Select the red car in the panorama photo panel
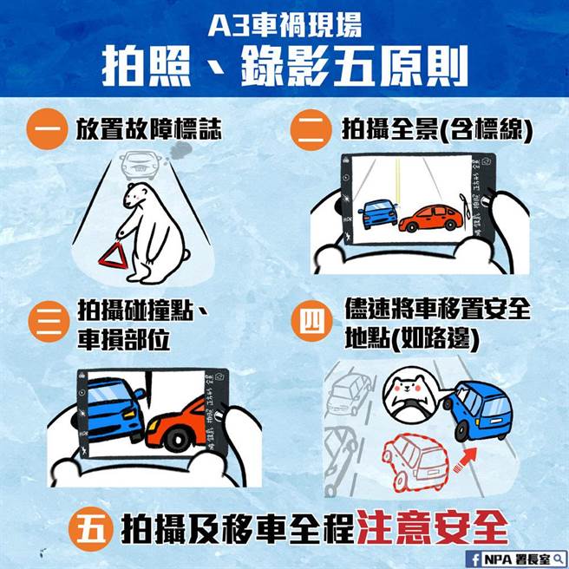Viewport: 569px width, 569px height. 431,219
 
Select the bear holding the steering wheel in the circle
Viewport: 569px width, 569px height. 411,392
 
